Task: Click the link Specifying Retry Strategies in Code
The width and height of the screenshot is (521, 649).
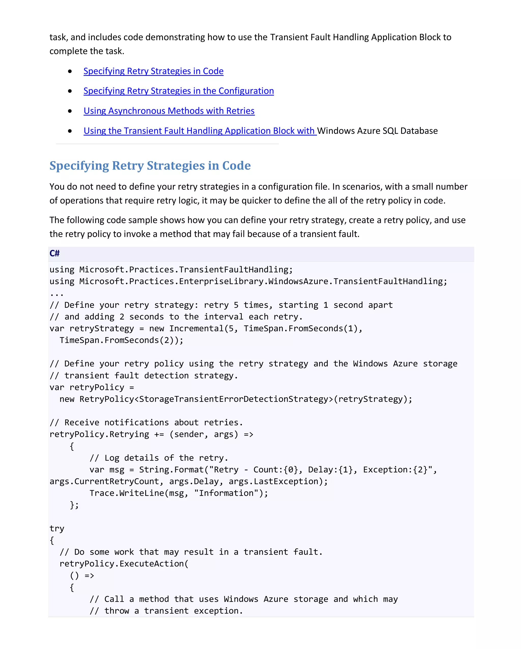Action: click(153, 71)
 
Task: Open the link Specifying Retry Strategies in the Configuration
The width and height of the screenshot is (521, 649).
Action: click(179, 91)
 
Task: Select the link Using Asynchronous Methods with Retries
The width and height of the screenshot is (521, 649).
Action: click(169, 111)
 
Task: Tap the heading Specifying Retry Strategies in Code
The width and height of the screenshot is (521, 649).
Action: click(150, 166)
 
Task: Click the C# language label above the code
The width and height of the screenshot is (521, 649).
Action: click(54, 253)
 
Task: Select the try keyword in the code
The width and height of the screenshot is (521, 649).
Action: click(57, 529)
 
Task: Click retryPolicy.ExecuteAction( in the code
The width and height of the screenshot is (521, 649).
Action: click(124, 564)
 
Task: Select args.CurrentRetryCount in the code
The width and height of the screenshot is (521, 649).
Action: click(104, 482)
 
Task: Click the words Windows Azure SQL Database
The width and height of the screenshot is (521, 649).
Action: click(377, 131)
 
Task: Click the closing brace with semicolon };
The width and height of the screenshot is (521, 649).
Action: click(74, 505)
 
